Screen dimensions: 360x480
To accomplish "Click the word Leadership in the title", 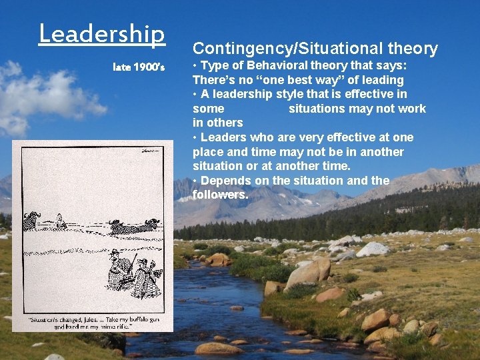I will click(x=101, y=33).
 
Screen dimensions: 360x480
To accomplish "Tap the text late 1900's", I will click(x=139, y=67).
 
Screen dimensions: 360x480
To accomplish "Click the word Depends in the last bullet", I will click(x=223, y=181).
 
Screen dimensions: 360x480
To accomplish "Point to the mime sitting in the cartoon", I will click(x=59, y=221).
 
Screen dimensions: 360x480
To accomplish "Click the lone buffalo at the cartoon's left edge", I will click(x=31, y=221).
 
